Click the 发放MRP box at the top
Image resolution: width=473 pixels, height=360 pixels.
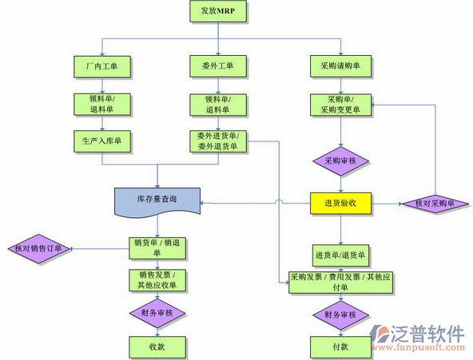(x=218, y=11)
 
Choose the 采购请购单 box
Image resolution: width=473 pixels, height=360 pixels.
(x=340, y=66)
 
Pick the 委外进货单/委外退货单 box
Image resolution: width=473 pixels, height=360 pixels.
(x=218, y=140)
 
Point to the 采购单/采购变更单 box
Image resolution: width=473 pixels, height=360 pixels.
(x=340, y=105)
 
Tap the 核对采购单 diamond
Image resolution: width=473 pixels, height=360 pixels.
(x=435, y=204)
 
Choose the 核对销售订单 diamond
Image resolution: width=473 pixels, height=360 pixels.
(x=37, y=248)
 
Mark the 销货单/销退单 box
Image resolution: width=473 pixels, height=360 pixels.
(x=157, y=247)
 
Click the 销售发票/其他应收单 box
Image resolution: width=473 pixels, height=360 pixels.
(x=157, y=280)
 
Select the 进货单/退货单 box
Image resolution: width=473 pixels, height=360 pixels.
(x=340, y=255)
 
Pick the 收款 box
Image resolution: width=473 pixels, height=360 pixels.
(x=157, y=346)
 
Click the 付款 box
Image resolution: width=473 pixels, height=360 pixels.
(x=340, y=346)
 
